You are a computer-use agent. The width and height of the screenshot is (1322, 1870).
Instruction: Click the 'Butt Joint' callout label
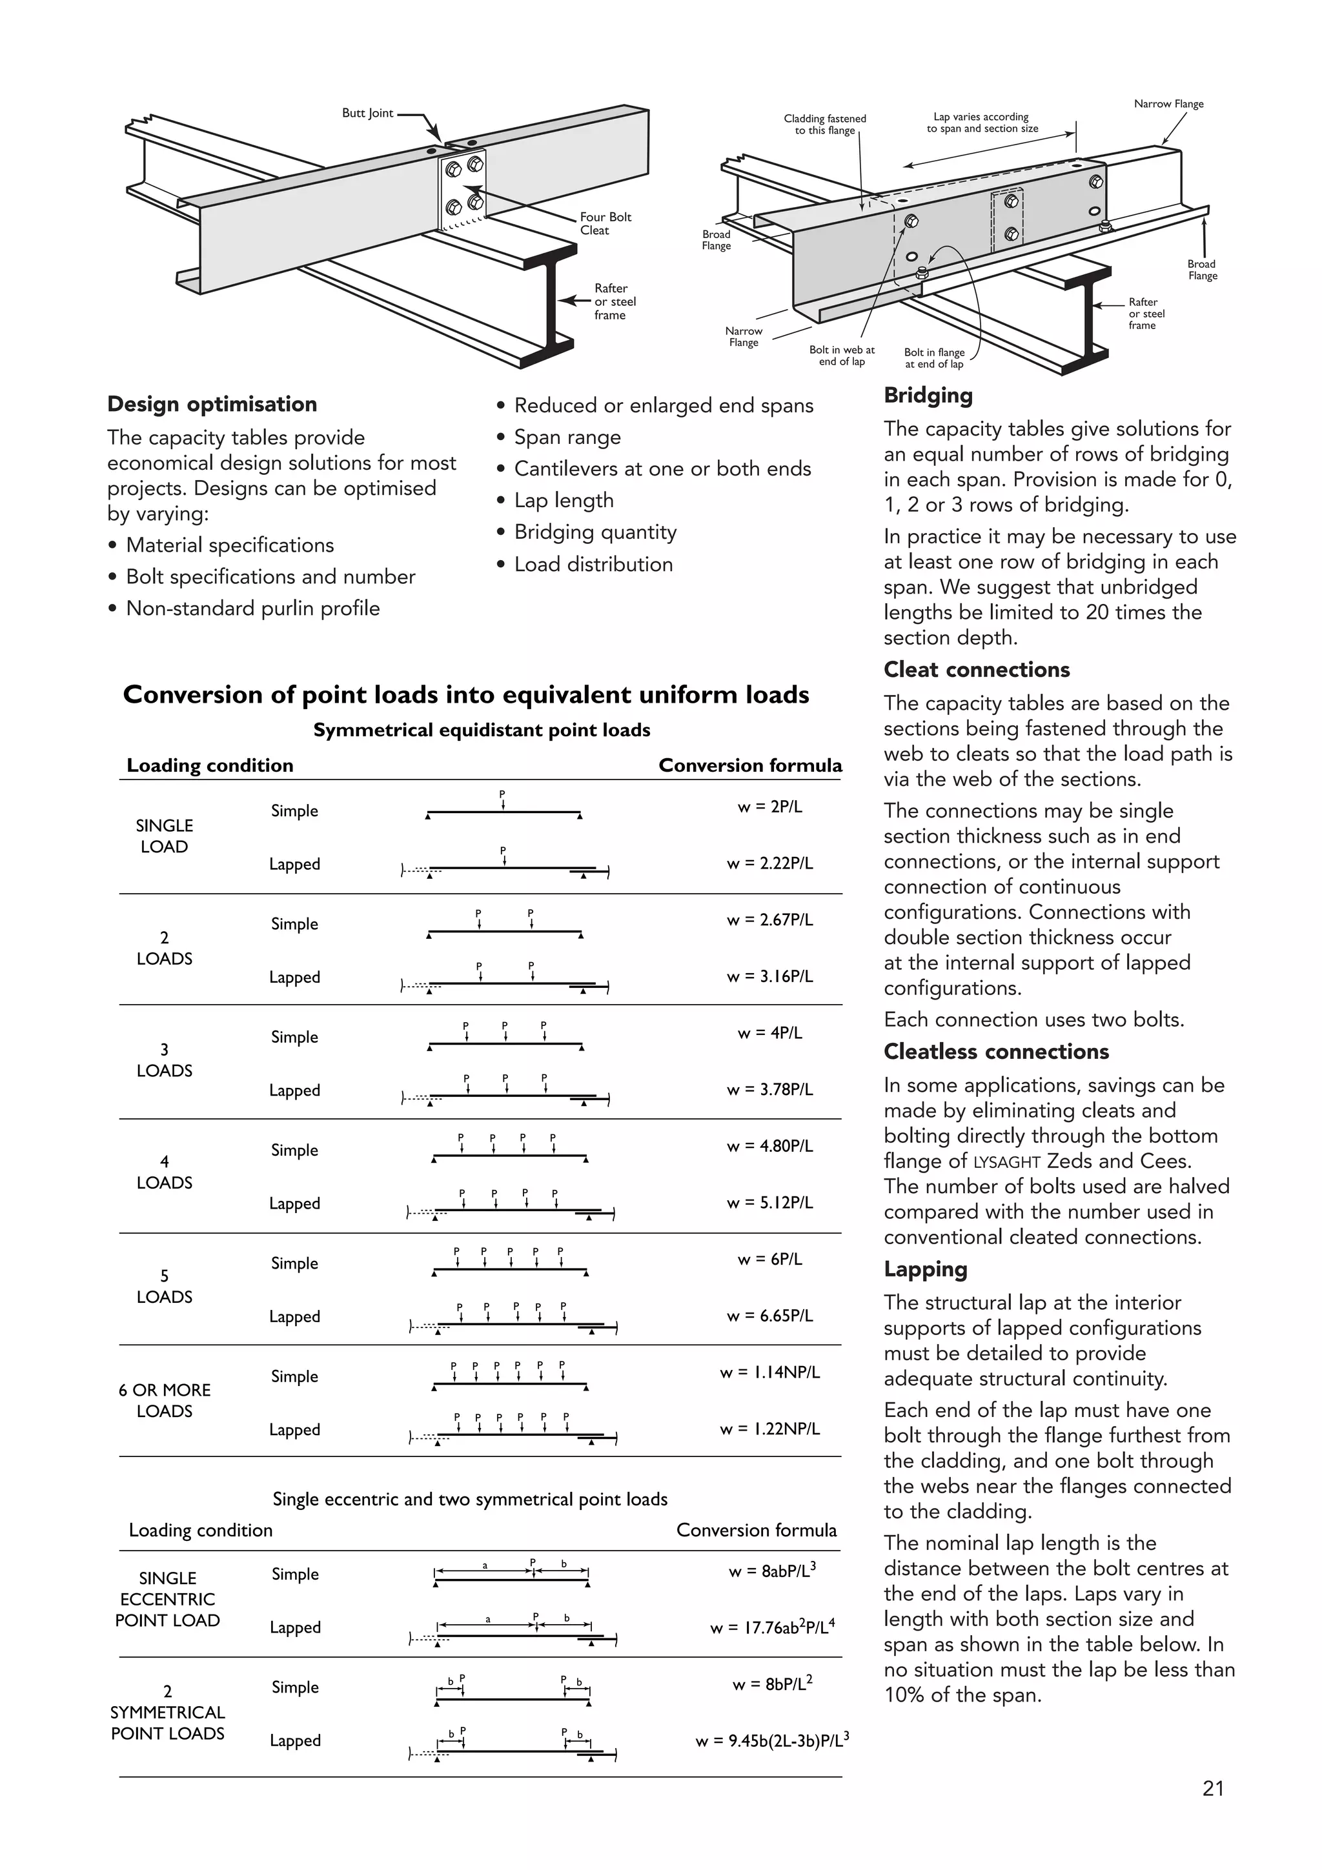pos(367,113)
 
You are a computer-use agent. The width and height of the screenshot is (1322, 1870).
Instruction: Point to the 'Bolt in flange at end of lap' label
pos(933,358)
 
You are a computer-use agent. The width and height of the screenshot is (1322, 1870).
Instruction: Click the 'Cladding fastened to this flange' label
pos(824,125)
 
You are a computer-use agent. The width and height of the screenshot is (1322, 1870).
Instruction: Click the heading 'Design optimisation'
pos(212,405)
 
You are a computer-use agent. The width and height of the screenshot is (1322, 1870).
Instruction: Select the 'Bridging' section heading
pos(928,396)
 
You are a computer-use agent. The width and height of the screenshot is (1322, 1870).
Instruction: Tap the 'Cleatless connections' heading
pos(995,1051)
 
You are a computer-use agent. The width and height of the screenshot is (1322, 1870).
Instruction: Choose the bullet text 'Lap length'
pos(564,501)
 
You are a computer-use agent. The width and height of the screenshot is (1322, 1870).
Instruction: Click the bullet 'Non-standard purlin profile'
pos(252,608)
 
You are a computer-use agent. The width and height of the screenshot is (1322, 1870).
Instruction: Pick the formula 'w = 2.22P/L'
pos(769,863)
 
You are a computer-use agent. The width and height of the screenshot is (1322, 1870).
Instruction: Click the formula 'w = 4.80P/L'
pos(769,1146)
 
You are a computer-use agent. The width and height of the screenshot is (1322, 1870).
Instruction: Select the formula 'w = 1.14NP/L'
pos(769,1372)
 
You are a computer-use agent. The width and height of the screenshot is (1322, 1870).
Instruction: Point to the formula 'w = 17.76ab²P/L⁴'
pos(772,1628)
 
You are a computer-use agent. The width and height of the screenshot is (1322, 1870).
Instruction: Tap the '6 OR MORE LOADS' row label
pos(165,1401)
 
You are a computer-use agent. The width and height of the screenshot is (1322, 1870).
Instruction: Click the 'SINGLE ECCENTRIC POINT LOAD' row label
pos(167,1599)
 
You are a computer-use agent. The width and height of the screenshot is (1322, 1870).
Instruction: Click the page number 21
pos(1213,1788)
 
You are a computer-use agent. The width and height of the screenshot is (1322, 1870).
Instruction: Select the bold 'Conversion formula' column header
pos(749,765)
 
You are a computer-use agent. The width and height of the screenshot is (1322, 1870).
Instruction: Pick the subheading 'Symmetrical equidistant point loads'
pos(482,730)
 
